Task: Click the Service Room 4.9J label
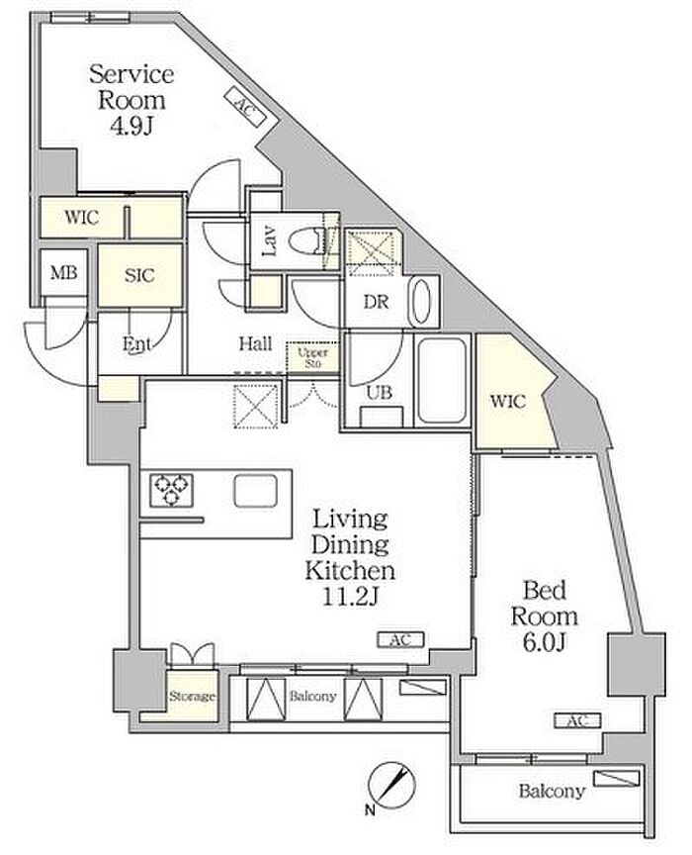[131, 100]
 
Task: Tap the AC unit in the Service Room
[244, 106]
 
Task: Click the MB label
[63, 273]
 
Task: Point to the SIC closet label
[139, 275]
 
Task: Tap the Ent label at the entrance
[136, 344]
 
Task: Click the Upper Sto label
[312, 357]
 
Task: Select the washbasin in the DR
[422, 301]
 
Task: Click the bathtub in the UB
[442, 380]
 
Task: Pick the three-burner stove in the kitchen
[172, 491]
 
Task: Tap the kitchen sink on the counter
[256, 491]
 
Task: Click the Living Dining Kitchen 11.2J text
[350, 557]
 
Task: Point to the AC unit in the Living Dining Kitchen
[400, 639]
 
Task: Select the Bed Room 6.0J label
[544, 617]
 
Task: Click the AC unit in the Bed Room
[577, 720]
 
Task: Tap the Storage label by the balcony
[192, 697]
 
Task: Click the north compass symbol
[390, 785]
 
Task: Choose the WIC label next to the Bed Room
[508, 402]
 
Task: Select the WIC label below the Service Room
[82, 218]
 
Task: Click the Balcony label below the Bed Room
[552, 791]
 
